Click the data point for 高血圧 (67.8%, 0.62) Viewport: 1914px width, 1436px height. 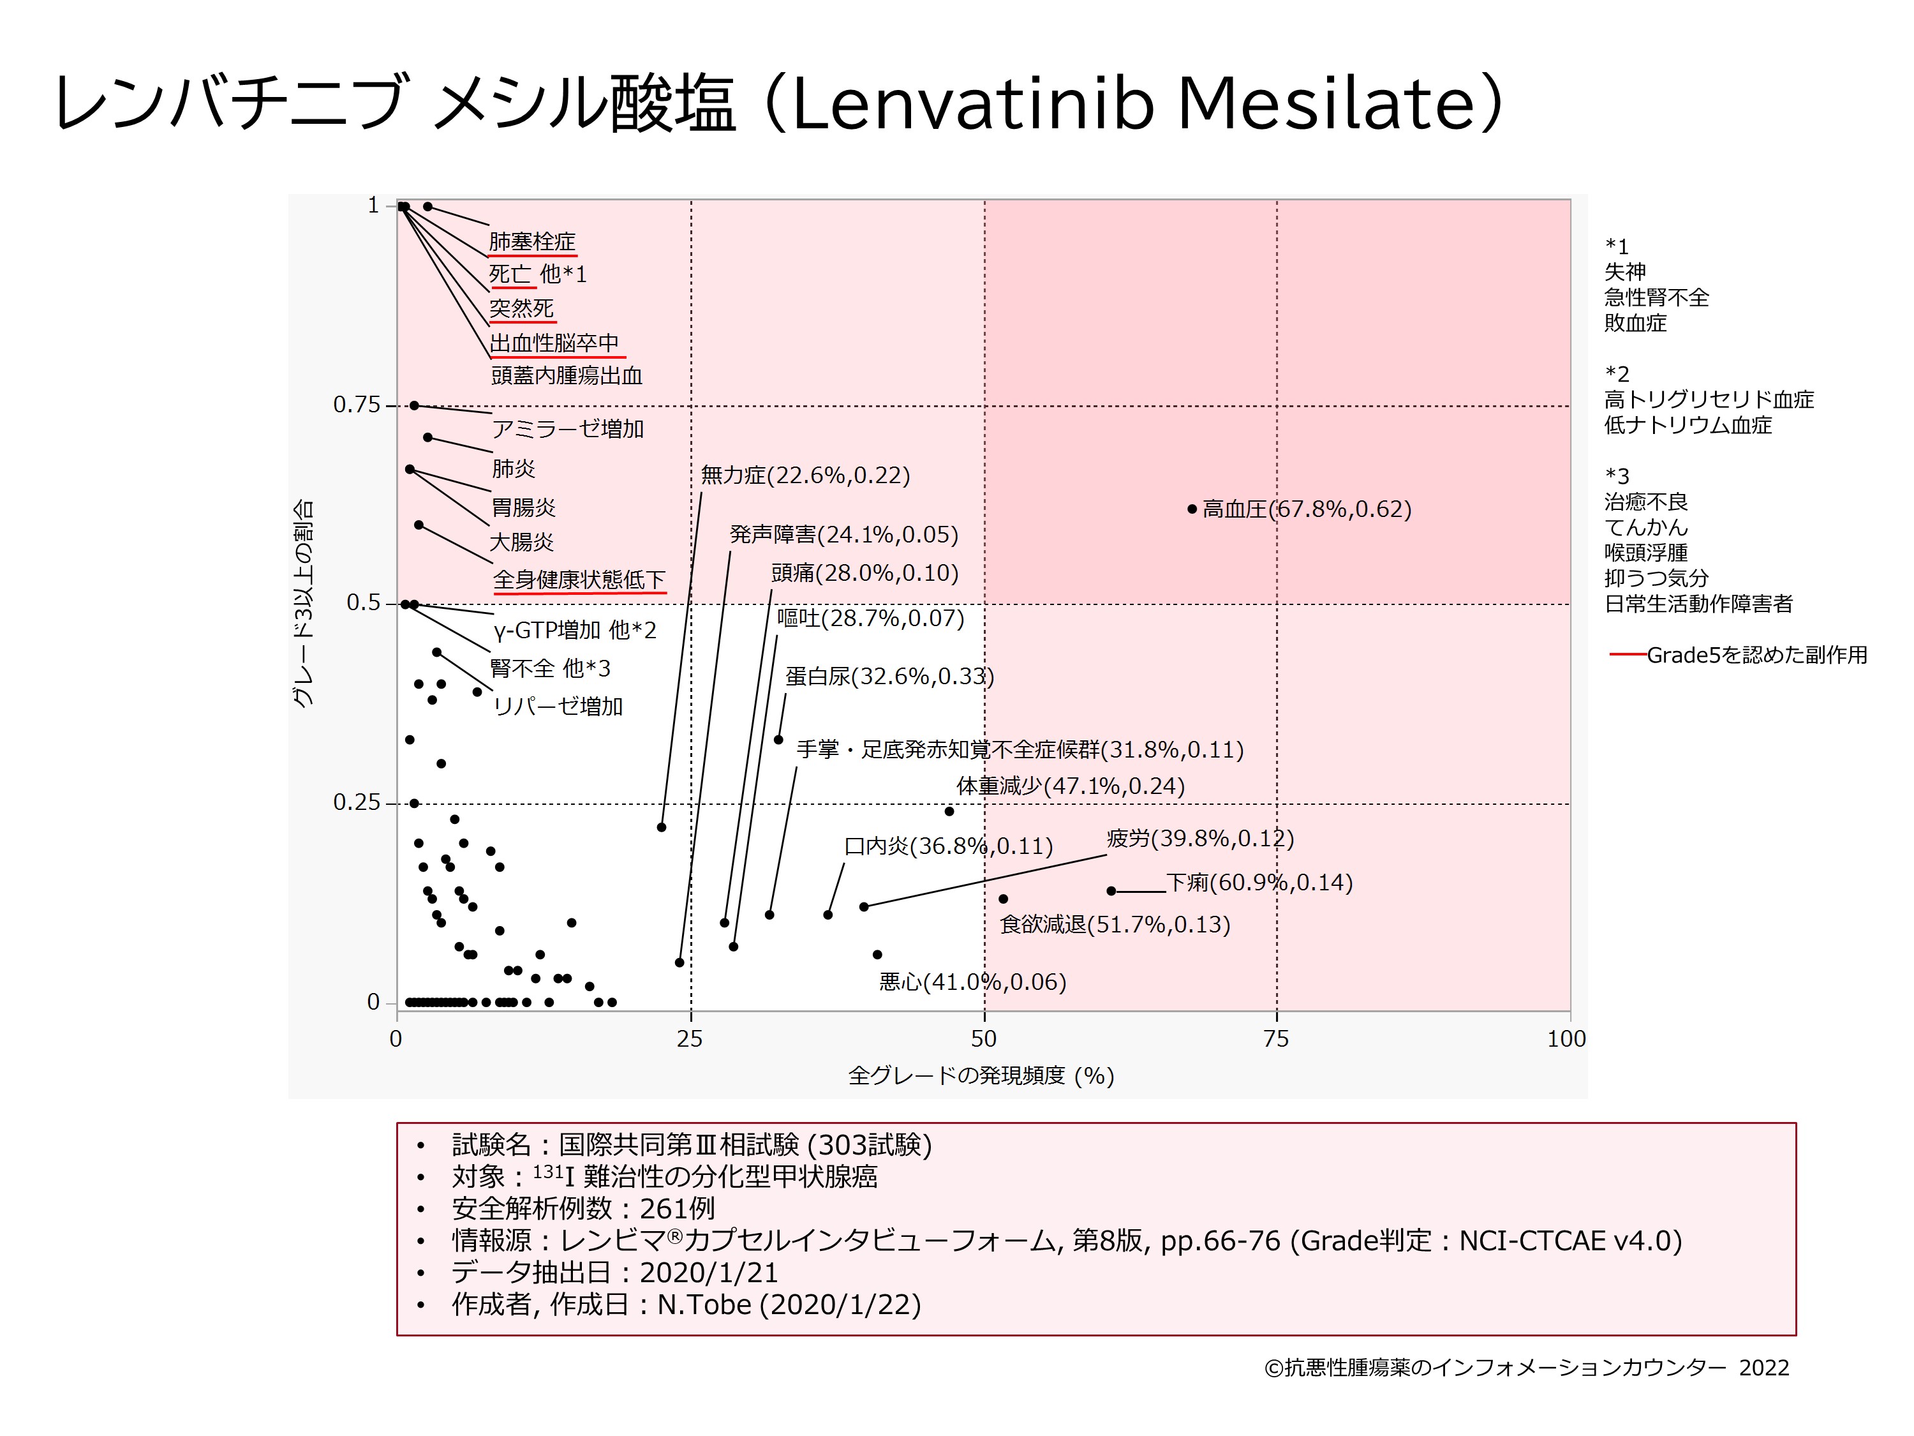[x=1192, y=509]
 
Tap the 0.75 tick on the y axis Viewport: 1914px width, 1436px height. [x=357, y=405]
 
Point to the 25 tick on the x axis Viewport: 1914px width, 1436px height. [x=690, y=1038]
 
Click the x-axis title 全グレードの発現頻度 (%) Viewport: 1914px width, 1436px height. [x=981, y=1076]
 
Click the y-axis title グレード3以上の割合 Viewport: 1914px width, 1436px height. [x=303, y=604]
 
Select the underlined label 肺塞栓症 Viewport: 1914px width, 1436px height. [x=532, y=241]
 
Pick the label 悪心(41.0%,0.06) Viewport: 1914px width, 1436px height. [x=972, y=982]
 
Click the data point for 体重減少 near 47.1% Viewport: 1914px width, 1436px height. [x=949, y=811]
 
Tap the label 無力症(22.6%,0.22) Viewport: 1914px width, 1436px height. [x=805, y=475]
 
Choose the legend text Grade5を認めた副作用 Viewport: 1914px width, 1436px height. [x=1756, y=655]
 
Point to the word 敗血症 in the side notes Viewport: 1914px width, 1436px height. [x=1635, y=324]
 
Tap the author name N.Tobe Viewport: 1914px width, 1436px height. [x=704, y=1305]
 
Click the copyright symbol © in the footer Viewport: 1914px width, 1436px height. [x=1273, y=1368]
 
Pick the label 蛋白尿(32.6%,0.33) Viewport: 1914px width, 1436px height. [x=889, y=676]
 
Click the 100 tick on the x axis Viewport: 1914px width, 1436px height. [x=1566, y=1038]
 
